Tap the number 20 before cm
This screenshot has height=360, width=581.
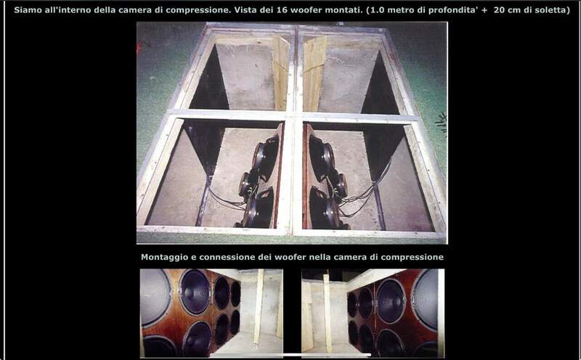pos(499,10)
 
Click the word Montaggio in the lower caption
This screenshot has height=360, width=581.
pos(165,257)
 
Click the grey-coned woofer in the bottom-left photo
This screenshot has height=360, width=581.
pos(155,298)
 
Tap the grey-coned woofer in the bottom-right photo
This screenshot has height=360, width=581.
pos(426,299)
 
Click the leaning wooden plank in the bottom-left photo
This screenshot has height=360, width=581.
pos(259,308)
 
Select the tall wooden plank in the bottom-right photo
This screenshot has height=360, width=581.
pos(328,313)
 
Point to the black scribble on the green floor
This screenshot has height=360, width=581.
pos(442,122)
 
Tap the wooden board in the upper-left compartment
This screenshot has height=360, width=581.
pos(280,73)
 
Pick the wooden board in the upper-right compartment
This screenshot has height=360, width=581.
pos(314,73)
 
